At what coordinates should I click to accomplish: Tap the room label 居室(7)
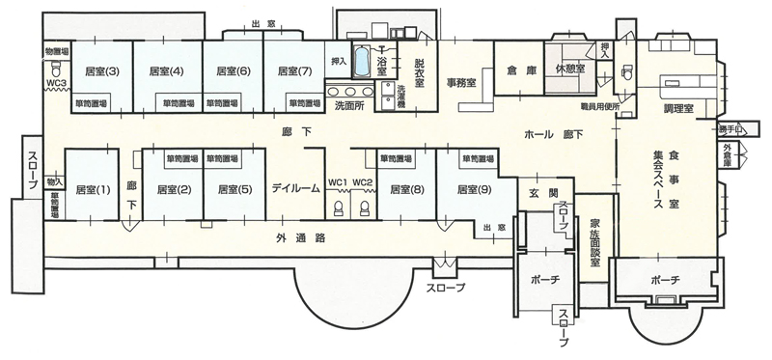[292, 70]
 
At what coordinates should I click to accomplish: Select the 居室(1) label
[94, 189]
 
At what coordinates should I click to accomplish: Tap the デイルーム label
[295, 189]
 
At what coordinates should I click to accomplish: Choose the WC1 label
[338, 182]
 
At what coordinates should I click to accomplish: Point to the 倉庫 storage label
[513, 70]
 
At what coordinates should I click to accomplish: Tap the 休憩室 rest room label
[570, 69]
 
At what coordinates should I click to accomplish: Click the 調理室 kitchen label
[681, 109]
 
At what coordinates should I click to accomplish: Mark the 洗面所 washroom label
[349, 103]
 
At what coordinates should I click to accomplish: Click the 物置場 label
[55, 49]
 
